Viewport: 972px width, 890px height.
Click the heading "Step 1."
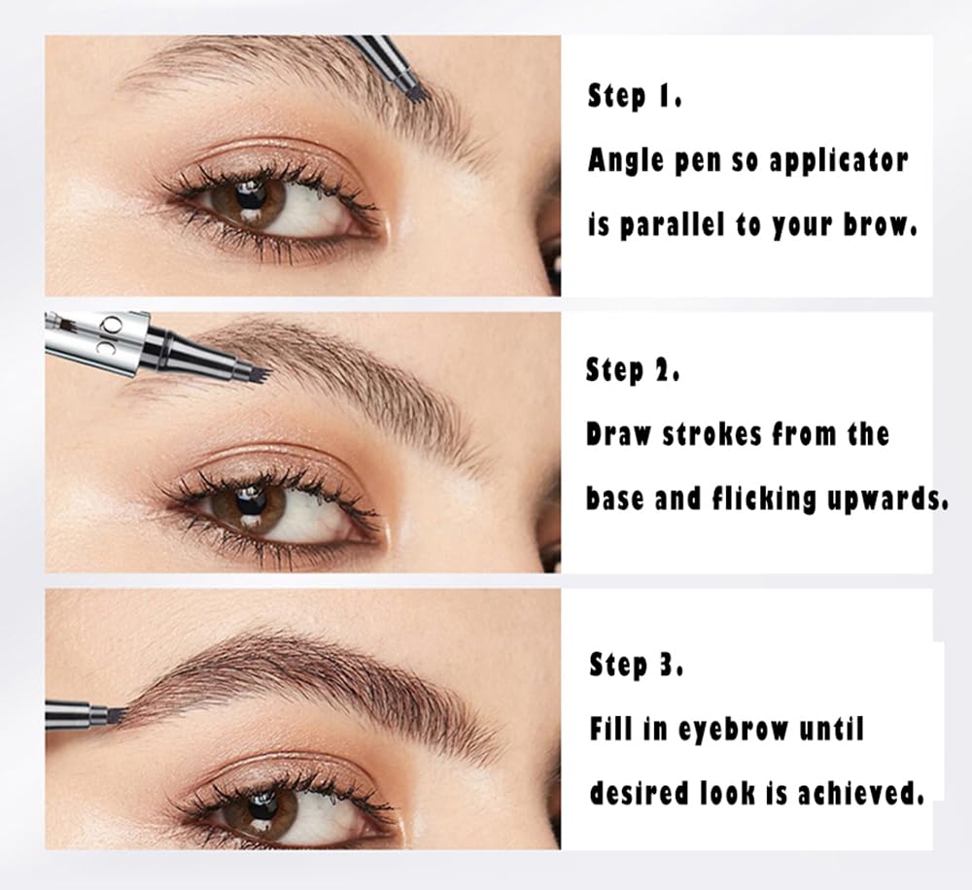[635, 97]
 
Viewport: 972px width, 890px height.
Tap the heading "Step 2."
[633, 370]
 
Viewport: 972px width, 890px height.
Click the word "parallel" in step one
[674, 224]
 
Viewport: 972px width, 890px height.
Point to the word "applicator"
[839, 161]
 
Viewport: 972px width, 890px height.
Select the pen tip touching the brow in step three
[118, 714]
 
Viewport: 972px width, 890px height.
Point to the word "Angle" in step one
[626, 161]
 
